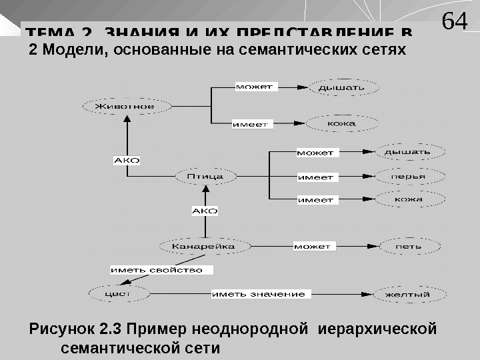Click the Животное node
(x=124, y=106)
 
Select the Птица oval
(x=206, y=177)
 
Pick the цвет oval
(x=119, y=293)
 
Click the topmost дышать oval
(x=341, y=87)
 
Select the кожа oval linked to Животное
(x=341, y=123)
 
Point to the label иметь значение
(x=259, y=293)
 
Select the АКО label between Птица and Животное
(x=127, y=161)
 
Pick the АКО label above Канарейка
(x=205, y=211)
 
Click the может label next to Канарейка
(x=312, y=246)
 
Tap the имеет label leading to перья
(x=315, y=177)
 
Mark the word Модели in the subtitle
(x=70, y=50)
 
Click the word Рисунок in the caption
(x=61, y=329)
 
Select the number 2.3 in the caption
(x=109, y=329)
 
